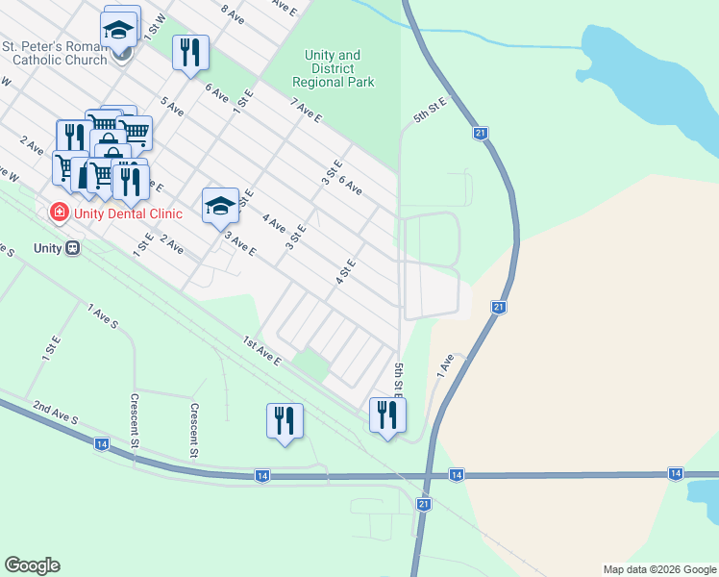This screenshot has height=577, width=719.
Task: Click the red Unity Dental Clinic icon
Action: [x=59, y=211]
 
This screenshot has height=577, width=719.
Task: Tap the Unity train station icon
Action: [x=72, y=247]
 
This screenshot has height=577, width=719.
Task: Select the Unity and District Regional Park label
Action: [x=333, y=69]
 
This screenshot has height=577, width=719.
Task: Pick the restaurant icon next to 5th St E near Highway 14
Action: [x=387, y=414]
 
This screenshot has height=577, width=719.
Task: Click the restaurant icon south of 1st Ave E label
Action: [x=285, y=420]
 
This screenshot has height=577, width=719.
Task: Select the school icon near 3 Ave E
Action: [x=220, y=205]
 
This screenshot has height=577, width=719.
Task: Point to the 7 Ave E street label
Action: [x=306, y=111]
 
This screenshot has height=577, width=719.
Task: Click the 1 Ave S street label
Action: [x=102, y=316]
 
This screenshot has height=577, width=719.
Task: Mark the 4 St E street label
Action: [x=346, y=272]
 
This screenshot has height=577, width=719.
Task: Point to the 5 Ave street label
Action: [x=172, y=106]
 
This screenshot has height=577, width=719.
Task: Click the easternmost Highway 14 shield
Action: [x=676, y=474]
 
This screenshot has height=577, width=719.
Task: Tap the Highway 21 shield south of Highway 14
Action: [x=424, y=504]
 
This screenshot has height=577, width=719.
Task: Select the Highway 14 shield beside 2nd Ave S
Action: [x=101, y=443]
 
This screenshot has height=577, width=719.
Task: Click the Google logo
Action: [x=32, y=565]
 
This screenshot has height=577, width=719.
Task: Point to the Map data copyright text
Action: [x=659, y=569]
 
